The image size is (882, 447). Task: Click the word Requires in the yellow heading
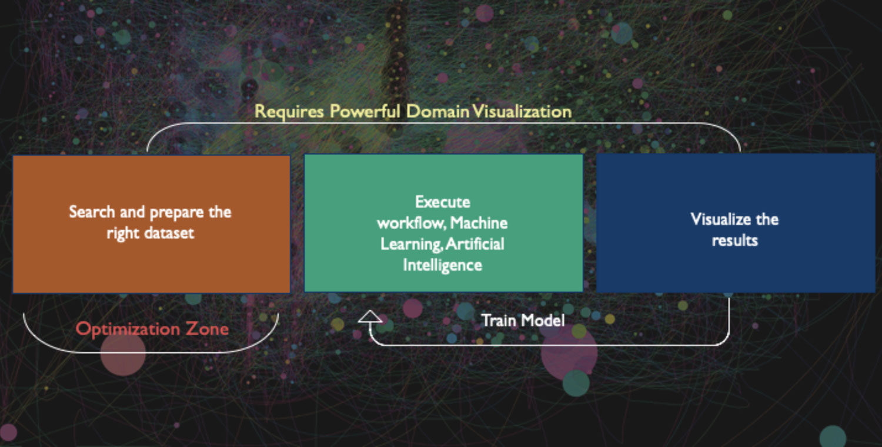(289, 112)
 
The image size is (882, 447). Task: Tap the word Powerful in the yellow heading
(365, 111)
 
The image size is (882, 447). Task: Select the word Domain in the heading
(437, 112)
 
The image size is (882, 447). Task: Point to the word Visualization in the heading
(522, 112)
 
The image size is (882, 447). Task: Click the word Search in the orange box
(92, 211)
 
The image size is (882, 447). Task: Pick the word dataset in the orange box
(169, 233)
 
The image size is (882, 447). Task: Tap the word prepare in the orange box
(177, 213)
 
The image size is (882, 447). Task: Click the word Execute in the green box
(443, 202)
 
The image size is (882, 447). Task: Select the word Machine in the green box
(479, 223)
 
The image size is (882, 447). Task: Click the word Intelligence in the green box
(442, 265)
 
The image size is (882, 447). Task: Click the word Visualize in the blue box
(714, 219)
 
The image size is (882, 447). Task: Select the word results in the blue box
(735, 240)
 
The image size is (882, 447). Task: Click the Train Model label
(523, 320)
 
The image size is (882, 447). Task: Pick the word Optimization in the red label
(127, 329)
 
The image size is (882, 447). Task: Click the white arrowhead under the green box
(370, 317)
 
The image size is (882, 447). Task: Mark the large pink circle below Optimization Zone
(123, 353)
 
